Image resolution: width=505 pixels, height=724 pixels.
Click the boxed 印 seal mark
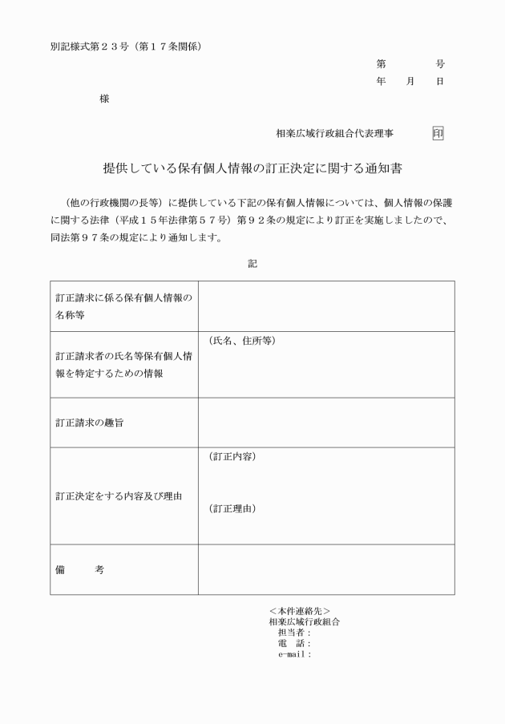[438, 134]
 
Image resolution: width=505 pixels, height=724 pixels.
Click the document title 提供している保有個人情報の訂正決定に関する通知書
[252, 170]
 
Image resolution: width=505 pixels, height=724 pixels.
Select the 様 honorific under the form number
[104, 99]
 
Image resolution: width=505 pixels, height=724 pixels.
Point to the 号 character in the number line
[440, 63]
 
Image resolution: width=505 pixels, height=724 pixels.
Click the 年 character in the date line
[381, 82]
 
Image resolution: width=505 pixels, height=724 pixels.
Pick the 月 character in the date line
[410, 82]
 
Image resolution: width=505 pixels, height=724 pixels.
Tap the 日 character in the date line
[440, 82]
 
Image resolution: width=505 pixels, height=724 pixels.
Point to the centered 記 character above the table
[252, 262]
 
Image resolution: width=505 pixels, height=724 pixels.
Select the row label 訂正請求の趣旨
[89, 423]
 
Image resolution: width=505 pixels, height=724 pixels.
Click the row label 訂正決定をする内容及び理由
[119, 496]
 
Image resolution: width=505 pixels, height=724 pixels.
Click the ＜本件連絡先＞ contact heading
[300, 611]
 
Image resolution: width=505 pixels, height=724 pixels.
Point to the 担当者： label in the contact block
[294, 632]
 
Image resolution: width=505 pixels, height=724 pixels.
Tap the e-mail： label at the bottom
[294, 653]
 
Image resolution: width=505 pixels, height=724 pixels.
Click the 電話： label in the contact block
[294, 643]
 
